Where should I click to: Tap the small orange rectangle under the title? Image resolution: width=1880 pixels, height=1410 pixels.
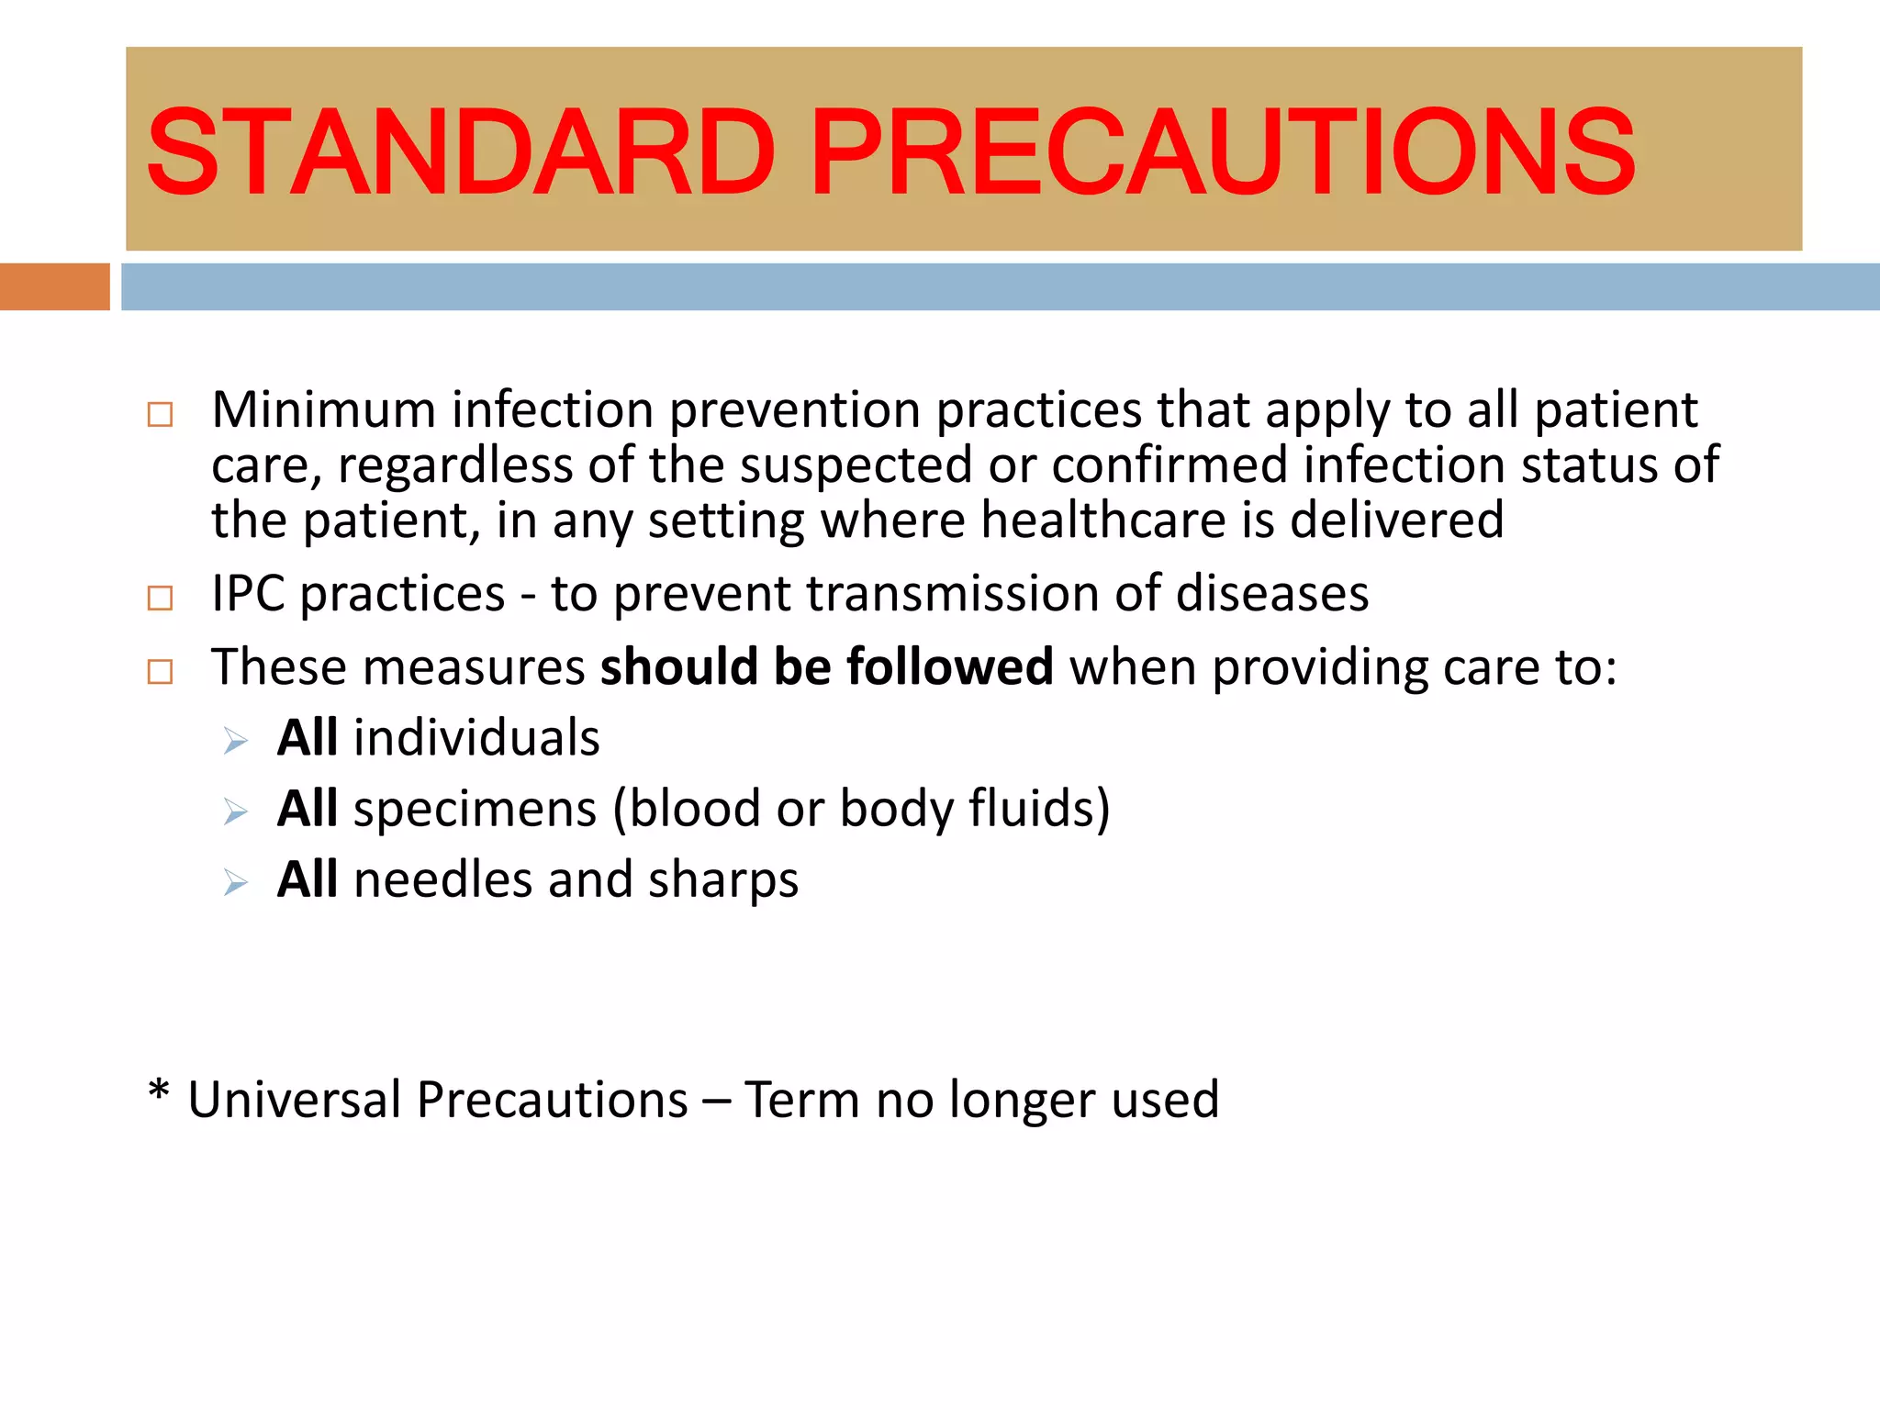click(x=54, y=286)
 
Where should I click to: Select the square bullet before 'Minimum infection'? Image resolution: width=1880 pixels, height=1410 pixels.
click(x=160, y=414)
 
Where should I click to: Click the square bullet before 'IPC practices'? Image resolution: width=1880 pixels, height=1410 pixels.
click(x=160, y=599)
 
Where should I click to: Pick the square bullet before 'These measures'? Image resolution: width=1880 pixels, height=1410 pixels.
click(x=160, y=671)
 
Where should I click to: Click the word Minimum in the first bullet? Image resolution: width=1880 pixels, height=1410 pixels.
click(x=323, y=409)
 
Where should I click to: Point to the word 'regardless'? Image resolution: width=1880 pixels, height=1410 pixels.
click(x=455, y=465)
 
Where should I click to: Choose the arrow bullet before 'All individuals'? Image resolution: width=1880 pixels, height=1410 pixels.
click(x=236, y=741)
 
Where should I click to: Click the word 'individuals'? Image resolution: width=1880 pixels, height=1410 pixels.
click(x=476, y=738)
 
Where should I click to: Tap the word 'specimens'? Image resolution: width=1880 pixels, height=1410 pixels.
click(x=475, y=810)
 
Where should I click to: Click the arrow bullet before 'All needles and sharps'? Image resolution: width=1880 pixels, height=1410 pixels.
click(x=236, y=883)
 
